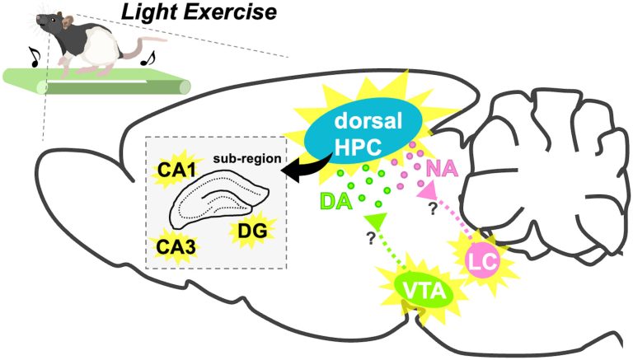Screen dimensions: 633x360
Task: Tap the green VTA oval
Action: coord(424,291)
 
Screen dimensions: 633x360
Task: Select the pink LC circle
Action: coord(484,262)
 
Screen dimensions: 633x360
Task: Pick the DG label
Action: coord(252,231)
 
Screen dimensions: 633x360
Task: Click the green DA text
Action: coord(336,200)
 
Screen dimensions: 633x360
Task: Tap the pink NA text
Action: coord(442,168)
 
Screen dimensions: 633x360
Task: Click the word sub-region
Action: coord(247,158)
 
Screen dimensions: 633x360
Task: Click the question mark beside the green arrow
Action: coord(371,238)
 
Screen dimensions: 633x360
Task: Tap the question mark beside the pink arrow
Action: coord(433,208)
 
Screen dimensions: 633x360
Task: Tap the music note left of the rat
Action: coord(35,57)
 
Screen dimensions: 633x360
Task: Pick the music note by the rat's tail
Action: coord(148,58)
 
